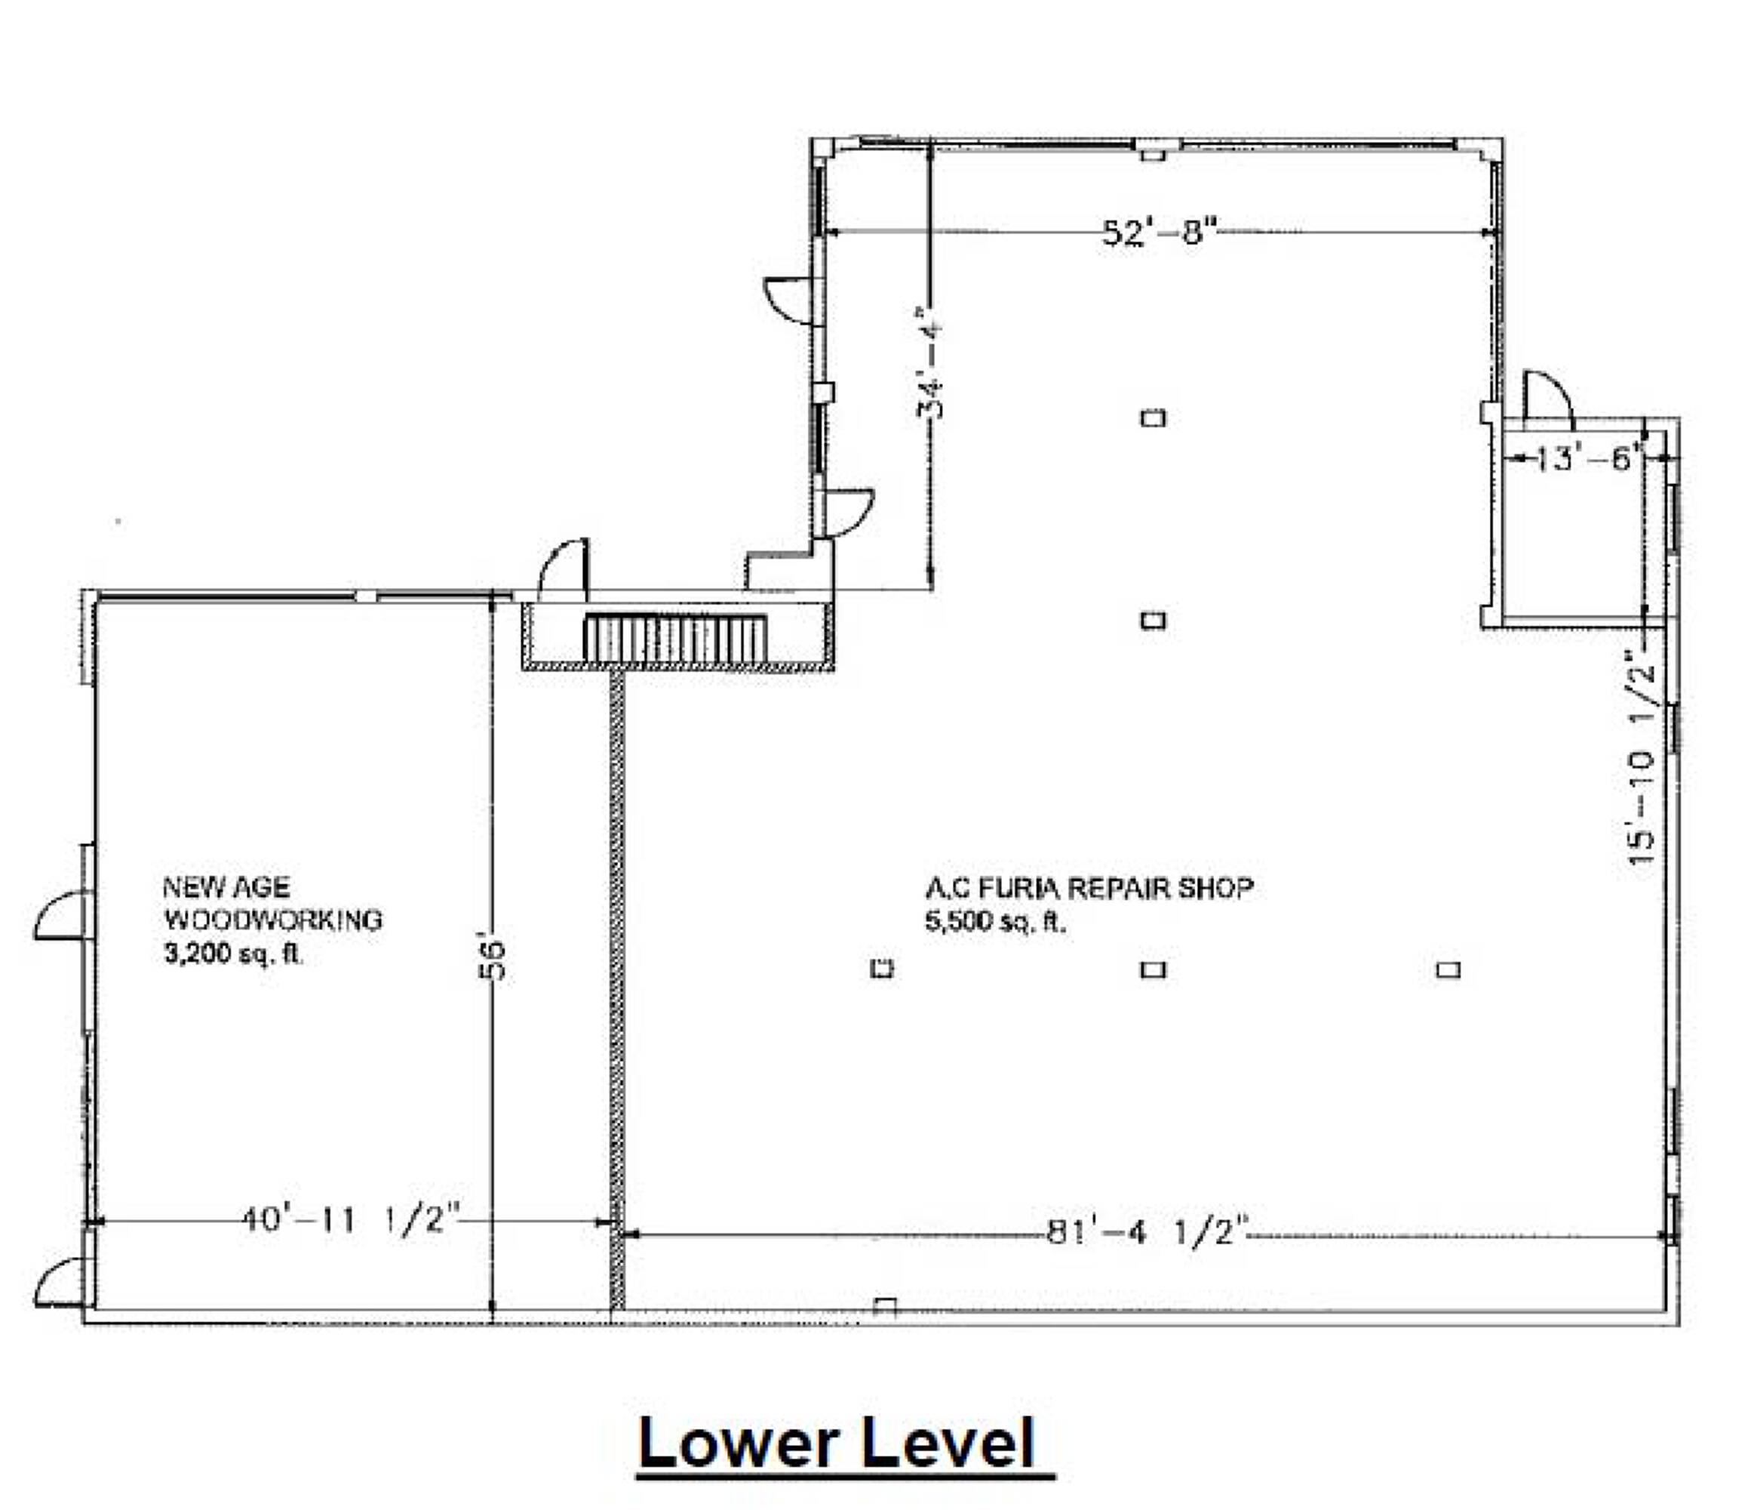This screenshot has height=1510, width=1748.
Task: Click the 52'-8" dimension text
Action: point(1161,230)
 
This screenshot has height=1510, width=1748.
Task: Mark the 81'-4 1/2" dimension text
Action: point(1147,1233)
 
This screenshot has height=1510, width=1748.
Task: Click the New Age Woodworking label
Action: point(272,903)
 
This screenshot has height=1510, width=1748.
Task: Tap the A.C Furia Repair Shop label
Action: point(1089,888)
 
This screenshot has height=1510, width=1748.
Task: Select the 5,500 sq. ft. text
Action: point(996,922)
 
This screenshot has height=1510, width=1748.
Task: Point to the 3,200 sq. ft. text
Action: point(233,954)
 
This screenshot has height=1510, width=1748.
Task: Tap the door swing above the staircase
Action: point(564,570)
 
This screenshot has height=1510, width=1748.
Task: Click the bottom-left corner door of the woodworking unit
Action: point(59,1283)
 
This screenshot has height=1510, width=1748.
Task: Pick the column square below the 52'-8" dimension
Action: point(1154,418)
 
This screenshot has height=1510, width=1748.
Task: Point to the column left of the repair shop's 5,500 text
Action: point(882,969)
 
